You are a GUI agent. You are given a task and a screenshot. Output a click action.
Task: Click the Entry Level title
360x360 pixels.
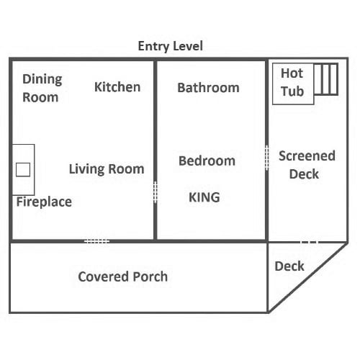pyautogui.click(x=171, y=46)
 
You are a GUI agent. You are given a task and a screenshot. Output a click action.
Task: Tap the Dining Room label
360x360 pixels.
pyautogui.click(x=42, y=89)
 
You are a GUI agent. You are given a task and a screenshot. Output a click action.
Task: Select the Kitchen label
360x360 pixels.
pyautogui.click(x=117, y=87)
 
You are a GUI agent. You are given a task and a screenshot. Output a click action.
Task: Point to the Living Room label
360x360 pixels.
pyautogui.click(x=107, y=169)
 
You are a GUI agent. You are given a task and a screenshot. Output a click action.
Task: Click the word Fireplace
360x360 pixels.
pyautogui.click(x=44, y=202)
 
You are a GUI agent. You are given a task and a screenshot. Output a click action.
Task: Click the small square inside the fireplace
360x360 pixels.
pyautogui.click(x=23, y=170)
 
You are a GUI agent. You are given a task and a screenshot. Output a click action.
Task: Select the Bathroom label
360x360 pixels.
pyautogui.click(x=208, y=88)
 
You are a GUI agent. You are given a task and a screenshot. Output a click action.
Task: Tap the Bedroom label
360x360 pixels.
pyautogui.click(x=207, y=161)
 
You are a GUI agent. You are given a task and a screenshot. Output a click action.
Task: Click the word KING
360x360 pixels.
pyautogui.click(x=204, y=197)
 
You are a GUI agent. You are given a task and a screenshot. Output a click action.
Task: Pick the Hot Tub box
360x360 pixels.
pyautogui.click(x=293, y=84)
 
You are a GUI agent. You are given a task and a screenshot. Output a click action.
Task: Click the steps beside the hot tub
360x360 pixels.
pyautogui.click(x=326, y=79)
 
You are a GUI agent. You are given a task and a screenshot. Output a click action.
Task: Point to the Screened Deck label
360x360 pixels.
pyautogui.click(x=307, y=165)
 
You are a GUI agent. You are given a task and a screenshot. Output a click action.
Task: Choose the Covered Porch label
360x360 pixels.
pyautogui.click(x=123, y=276)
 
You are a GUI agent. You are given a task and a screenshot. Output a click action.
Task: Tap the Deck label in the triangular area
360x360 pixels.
pyautogui.click(x=289, y=266)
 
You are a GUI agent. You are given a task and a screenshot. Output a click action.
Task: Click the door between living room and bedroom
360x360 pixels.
pyautogui.click(x=156, y=192)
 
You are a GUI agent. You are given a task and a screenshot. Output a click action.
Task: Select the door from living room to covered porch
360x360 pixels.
pyautogui.click(x=97, y=241)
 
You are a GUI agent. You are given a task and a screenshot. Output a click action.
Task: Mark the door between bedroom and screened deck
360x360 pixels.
pyautogui.click(x=266, y=158)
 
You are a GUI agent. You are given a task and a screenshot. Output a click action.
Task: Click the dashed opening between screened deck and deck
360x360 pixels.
pyautogui.click(x=310, y=242)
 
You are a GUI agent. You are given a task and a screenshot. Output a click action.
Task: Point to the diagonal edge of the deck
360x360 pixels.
pyautogui.click(x=308, y=278)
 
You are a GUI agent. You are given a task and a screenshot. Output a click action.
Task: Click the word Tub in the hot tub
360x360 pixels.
pyautogui.click(x=292, y=91)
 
